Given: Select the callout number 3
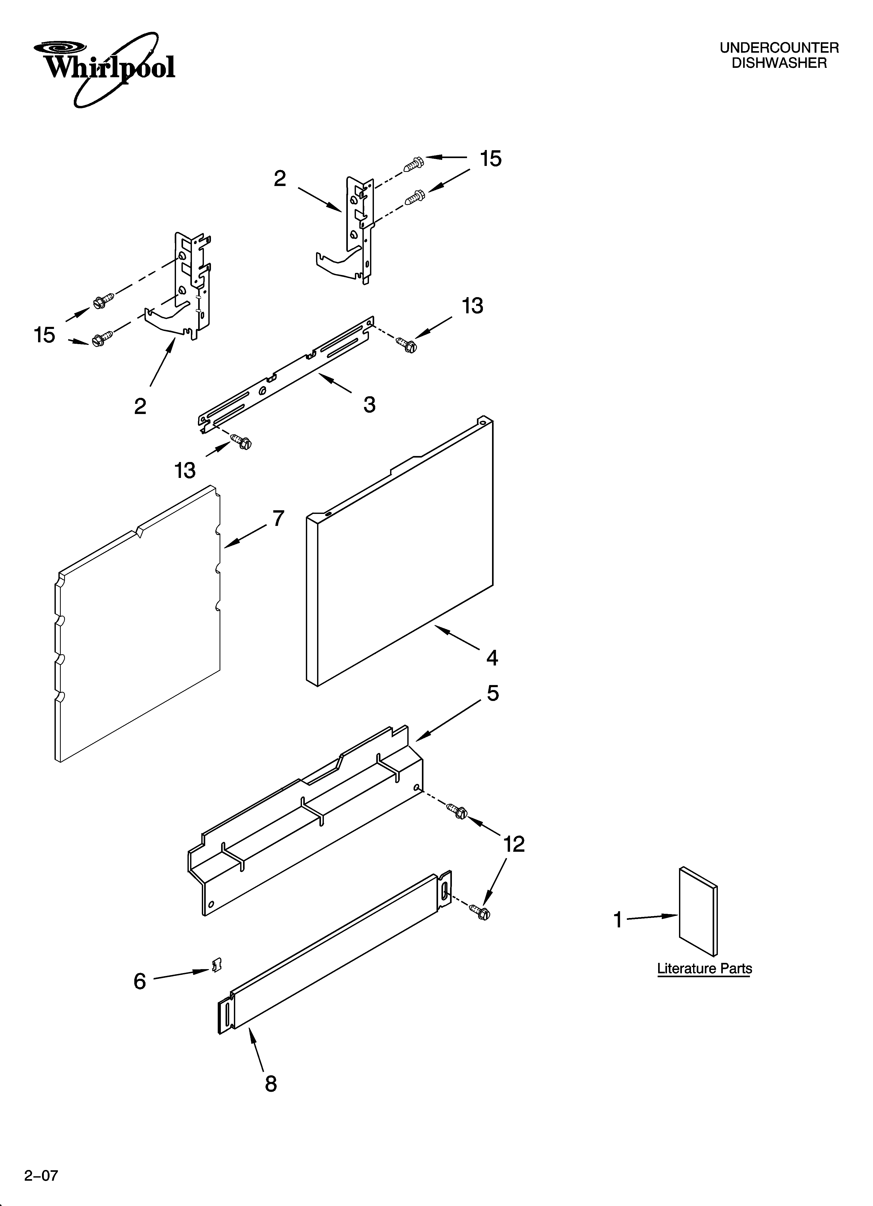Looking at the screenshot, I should tap(369, 405).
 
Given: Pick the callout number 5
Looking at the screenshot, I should tap(493, 693).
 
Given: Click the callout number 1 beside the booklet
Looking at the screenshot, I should tap(618, 920).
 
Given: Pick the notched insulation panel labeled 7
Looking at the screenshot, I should tap(138, 627).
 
